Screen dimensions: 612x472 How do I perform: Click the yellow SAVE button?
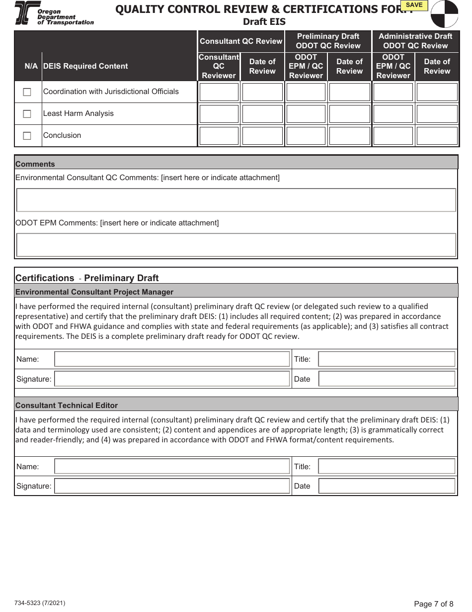(414, 5)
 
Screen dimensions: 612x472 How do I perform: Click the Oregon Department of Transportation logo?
(54, 13)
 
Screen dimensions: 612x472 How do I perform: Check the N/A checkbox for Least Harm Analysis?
(27, 114)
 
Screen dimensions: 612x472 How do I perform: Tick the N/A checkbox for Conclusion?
(27, 136)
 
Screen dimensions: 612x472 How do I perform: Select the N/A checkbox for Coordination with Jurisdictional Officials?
(27, 92)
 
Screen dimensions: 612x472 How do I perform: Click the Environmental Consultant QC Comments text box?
(236, 200)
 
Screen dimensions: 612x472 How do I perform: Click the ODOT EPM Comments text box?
(236, 245)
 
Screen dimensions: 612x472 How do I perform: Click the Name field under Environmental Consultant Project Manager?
(172, 359)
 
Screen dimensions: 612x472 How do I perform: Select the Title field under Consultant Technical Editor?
(387, 467)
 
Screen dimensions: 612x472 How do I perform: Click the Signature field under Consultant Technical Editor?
(172, 486)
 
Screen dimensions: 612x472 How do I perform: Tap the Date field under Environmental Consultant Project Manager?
(387, 379)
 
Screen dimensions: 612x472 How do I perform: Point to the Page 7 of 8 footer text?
(433, 604)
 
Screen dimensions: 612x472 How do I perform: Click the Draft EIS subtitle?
(264, 22)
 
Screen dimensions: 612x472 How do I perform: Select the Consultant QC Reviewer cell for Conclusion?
(219, 136)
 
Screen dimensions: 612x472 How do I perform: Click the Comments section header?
(35, 164)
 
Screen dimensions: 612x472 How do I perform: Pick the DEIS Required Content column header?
(85, 66)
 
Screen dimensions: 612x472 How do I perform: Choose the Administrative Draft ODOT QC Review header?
(415, 41)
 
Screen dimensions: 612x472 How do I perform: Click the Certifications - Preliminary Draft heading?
(87, 278)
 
